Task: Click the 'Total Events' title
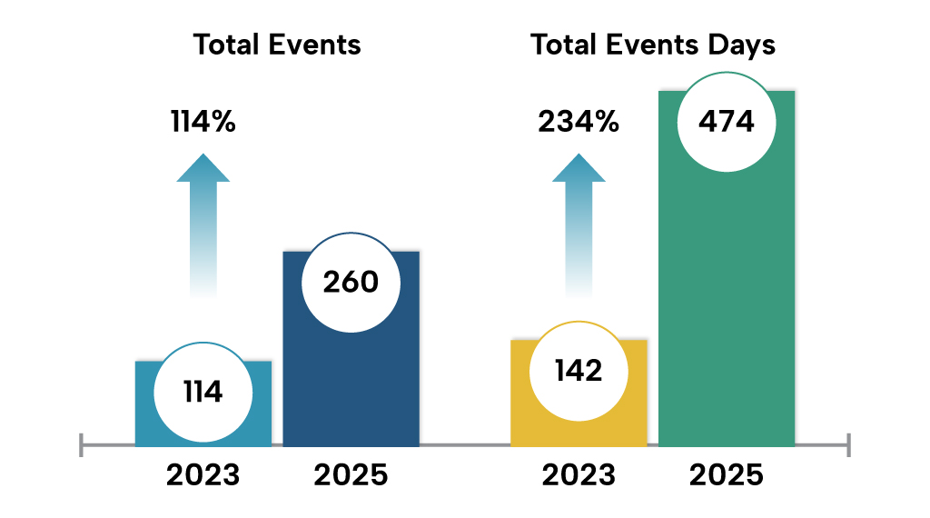click(277, 45)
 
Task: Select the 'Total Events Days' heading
click(653, 45)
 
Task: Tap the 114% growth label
click(203, 121)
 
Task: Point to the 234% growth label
click(579, 121)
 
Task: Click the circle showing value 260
click(351, 282)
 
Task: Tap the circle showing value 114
click(202, 392)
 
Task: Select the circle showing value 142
click(578, 371)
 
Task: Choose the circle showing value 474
click(726, 122)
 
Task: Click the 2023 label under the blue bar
click(203, 474)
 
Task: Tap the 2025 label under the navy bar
click(351, 474)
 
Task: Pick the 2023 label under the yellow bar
click(579, 474)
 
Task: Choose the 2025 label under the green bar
click(726, 474)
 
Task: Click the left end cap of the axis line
click(81, 445)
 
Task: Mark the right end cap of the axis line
click(848, 445)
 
